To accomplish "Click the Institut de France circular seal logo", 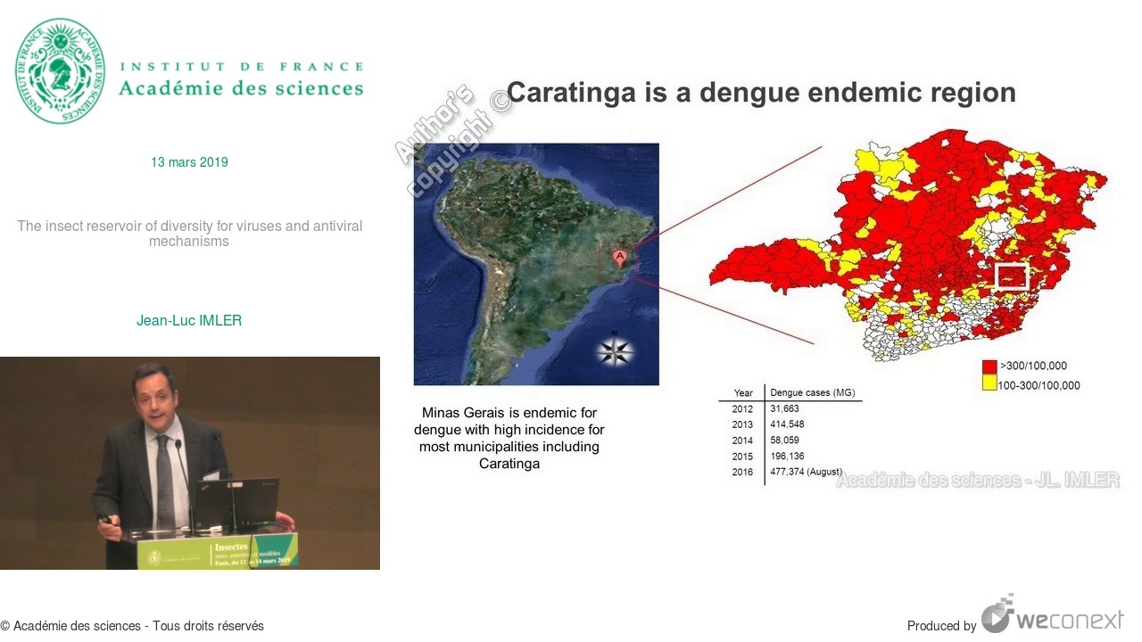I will (60, 70).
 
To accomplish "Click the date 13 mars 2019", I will (189, 162).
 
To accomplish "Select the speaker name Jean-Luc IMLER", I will (189, 320).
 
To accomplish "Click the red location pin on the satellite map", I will (620, 258).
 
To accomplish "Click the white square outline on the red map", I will (1012, 276).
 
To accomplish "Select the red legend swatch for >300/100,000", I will (989, 366).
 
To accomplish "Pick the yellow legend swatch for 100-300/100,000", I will (989, 384).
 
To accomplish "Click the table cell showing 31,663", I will (785, 408).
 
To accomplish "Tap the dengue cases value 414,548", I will (787, 424).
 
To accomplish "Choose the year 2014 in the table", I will (742, 440).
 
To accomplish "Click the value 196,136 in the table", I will (787, 457).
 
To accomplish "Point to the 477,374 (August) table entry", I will (806, 472).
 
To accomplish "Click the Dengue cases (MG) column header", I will (812, 392).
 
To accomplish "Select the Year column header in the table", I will (743, 392).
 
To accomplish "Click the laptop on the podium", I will (236, 502).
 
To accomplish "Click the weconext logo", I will (1053, 617).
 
